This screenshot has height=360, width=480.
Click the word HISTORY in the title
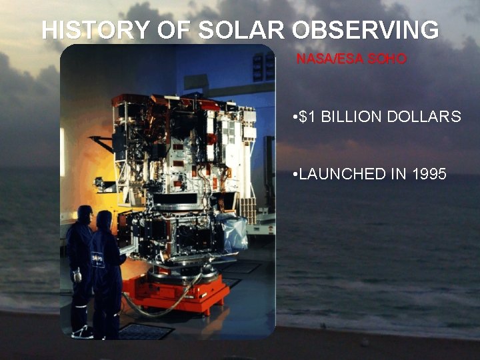click(86, 30)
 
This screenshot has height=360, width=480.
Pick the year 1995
click(429, 174)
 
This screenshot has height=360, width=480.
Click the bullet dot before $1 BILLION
click(295, 117)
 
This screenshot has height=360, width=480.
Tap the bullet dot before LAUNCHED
click(295, 174)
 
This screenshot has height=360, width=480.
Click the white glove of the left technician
click(77, 274)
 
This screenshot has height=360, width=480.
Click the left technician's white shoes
click(82, 331)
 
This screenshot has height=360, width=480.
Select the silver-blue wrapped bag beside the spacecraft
click(235, 234)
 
